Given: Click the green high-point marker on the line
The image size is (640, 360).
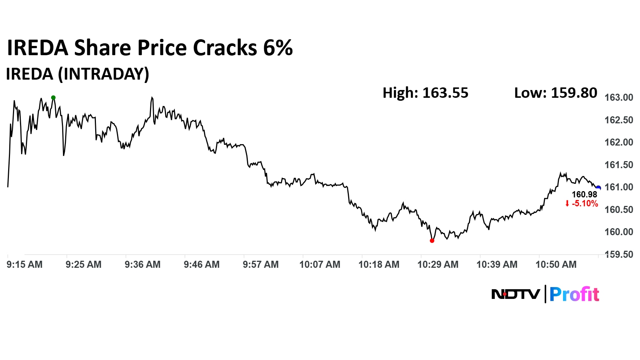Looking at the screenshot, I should coord(53,98).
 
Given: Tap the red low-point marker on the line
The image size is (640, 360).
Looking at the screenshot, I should coord(432,241).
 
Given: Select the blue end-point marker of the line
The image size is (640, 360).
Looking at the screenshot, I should coord(598,188).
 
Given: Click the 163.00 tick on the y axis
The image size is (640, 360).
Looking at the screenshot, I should coord(619,97).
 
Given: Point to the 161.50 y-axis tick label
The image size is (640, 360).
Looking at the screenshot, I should coord(619,165).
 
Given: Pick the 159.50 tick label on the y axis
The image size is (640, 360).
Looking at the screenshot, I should coord(619,254).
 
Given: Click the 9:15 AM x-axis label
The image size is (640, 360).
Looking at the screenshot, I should coord(24,264).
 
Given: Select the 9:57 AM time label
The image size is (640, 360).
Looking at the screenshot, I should coord(261,264).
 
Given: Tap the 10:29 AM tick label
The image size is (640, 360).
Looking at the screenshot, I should coord(438,264).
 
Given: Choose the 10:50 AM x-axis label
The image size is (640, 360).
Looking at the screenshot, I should coord(556,264).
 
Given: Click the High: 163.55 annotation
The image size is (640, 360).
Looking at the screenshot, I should coord(425,93).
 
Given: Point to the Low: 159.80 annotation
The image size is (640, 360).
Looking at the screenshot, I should coord(556,93).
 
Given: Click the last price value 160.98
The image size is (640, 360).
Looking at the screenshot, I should coord(584,194).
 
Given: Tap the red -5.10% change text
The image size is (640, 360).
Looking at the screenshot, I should coord(584,203).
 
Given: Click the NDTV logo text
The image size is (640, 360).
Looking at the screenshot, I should coord(516,294).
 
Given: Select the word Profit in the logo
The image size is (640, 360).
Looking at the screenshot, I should coord(574,294).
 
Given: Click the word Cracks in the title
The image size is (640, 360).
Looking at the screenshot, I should coord(225,48).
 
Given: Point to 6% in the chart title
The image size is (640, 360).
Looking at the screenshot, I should coord(278,48).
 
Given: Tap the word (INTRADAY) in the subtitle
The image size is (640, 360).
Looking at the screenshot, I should coord(103,74).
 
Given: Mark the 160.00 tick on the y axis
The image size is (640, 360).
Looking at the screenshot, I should coord(619,232).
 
